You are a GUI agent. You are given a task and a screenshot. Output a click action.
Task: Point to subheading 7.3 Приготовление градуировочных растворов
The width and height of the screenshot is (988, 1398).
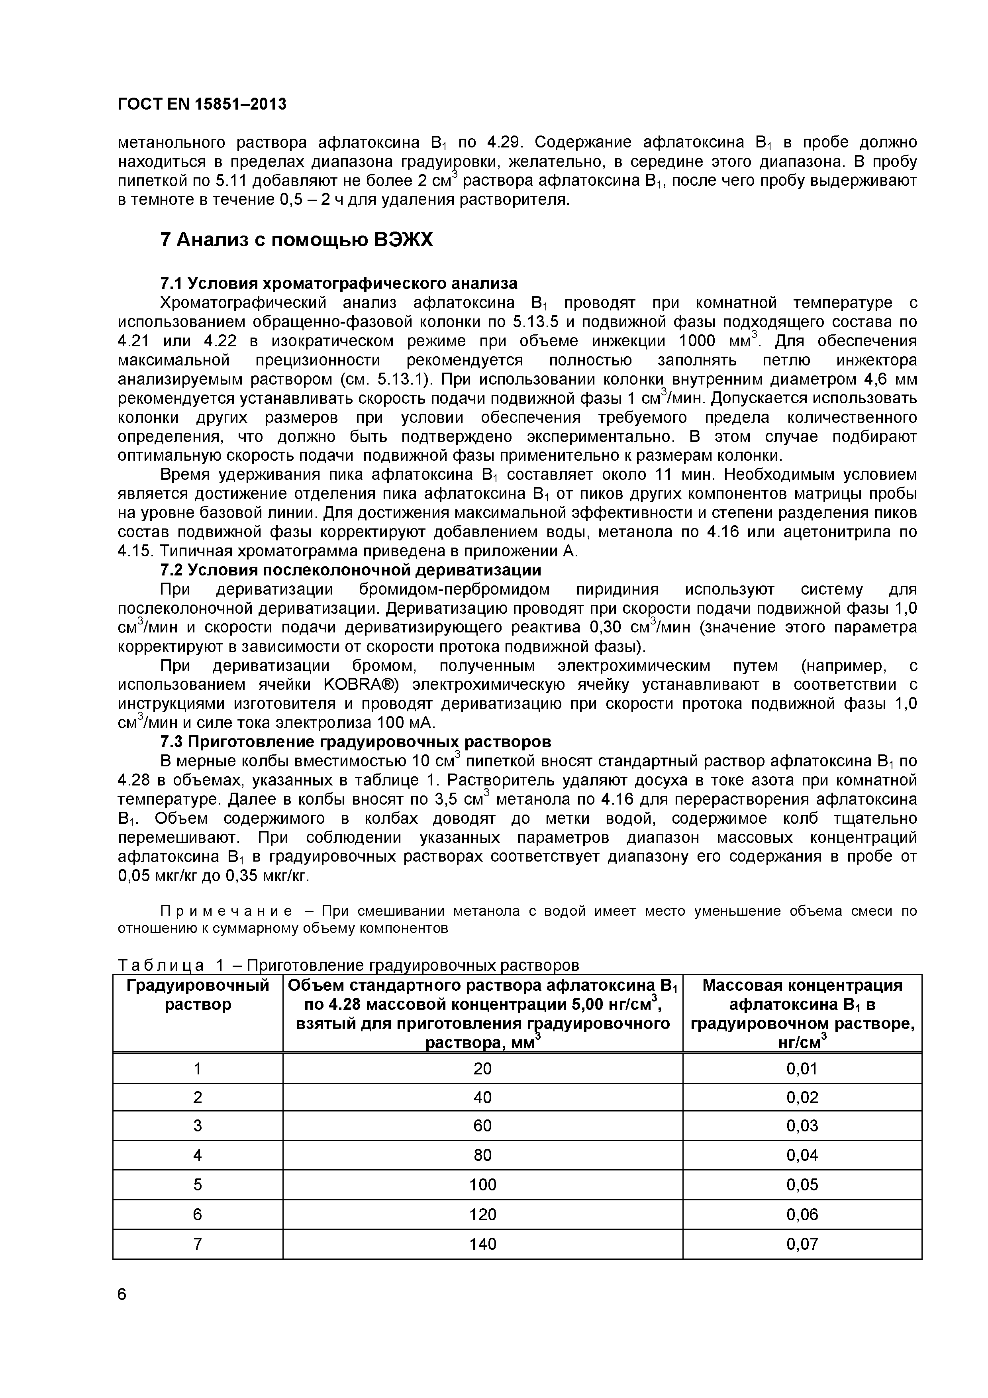[x=355, y=742]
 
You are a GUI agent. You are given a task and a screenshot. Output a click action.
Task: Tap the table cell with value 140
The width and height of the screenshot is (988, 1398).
[x=483, y=1244]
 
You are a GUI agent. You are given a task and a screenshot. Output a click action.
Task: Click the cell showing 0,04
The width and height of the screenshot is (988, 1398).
[x=802, y=1155]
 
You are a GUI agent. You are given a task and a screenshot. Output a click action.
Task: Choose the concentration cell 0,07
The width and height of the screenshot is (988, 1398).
[x=802, y=1244]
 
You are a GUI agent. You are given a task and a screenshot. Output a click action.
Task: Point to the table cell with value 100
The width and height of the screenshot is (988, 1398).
[x=483, y=1184]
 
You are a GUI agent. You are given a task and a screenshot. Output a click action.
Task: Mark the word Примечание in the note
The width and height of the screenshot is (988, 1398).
[x=226, y=911]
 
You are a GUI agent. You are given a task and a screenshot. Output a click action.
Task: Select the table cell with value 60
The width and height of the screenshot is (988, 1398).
[x=483, y=1125]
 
